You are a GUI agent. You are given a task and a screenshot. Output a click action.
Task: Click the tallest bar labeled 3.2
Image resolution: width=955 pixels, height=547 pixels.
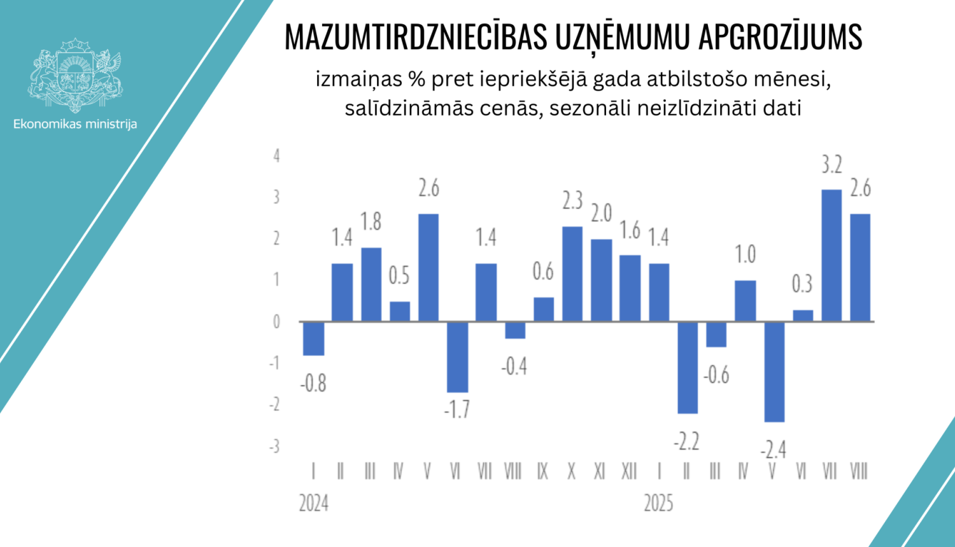tap(831, 255)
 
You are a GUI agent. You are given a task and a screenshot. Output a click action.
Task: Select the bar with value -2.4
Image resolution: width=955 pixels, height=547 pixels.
tap(774, 371)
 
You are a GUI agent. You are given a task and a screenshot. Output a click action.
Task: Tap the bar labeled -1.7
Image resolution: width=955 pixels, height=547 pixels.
tap(457, 357)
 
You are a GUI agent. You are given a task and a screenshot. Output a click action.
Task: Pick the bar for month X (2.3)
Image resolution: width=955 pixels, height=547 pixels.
tap(572, 273)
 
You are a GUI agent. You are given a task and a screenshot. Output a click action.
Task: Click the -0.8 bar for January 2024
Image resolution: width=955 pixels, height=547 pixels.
tap(313, 338)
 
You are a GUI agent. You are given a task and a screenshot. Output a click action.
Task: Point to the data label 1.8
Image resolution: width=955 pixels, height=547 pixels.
tap(371, 221)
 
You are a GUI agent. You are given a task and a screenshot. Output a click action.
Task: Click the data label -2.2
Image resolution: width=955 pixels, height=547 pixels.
tap(686, 441)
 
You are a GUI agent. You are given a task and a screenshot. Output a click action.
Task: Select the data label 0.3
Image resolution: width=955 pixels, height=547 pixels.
tap(802, 284)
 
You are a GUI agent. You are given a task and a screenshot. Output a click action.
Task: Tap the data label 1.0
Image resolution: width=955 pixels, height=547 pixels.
tap(745, 254)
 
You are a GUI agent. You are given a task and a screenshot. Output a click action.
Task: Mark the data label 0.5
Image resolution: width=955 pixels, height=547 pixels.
tap(399, 275)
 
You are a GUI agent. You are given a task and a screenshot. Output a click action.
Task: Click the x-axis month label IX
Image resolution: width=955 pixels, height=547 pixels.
tap(542, 471)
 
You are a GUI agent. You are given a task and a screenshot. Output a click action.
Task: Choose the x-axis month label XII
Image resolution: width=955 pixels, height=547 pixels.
tap(629, 471)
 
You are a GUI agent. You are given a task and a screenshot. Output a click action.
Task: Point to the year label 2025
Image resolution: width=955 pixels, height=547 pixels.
tap(658, 504)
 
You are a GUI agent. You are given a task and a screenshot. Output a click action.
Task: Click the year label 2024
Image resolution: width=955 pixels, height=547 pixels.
tap(314, 504)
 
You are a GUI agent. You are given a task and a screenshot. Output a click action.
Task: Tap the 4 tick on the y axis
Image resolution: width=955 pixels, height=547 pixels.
tap(276, 155)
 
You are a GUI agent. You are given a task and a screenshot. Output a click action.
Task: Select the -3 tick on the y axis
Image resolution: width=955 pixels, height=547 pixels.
tap(274, 447)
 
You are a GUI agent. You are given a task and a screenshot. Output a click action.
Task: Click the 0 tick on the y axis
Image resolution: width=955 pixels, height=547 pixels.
tap(276, 322)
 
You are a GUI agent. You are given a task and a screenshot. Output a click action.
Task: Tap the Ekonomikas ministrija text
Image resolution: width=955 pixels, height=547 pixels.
tap(75, 124)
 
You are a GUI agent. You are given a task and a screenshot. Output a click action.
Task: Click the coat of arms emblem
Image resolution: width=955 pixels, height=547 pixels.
tap(75, 75)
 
